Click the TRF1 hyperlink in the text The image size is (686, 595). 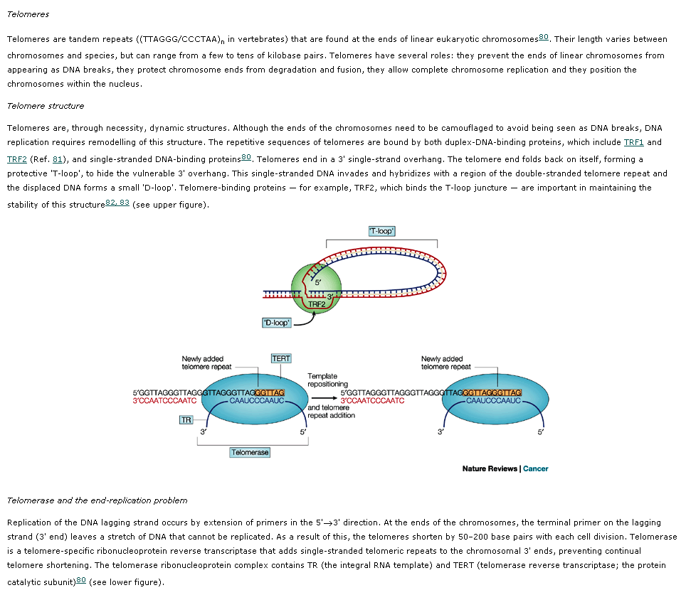[x=633, y=143]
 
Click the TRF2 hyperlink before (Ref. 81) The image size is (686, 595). [x=16, y=159]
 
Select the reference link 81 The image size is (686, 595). [x=58, y=159]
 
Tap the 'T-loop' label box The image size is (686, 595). [x=381, y=231]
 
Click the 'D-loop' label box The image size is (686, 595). [x=276, y=323]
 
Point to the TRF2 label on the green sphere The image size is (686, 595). [x=317, y=304]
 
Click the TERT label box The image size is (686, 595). [x=281, y=358]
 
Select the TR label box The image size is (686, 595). [x=186, y=420]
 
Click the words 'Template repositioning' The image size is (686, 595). [x=327, y=380]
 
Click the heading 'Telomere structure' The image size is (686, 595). [x=46, y=106]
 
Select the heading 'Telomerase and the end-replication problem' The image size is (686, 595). [x=97, y=500]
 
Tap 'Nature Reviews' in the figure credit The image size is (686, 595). [x=490, y=468]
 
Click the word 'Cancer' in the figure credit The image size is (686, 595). [x=536, y=468]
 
